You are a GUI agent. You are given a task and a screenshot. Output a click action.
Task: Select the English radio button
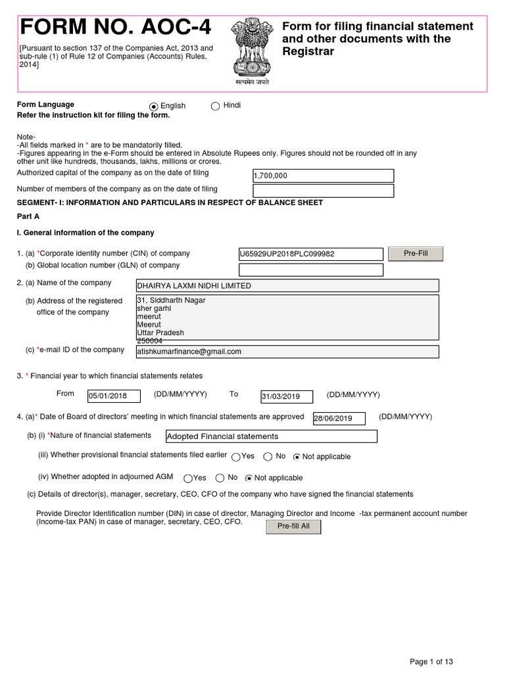coord(154,106)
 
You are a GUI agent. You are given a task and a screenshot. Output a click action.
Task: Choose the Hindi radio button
coord(215,106)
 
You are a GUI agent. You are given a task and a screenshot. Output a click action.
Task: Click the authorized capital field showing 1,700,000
coord(323,175)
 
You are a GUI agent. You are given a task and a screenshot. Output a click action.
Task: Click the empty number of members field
coord(323,191)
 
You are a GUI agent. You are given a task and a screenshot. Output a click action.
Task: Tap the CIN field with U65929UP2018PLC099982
coord(310,254)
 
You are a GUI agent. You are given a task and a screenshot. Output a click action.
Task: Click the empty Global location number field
coord(310,270)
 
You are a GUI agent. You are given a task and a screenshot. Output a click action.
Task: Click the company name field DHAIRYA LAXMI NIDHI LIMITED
coord(287,286)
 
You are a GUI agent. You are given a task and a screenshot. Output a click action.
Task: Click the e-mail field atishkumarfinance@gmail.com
coord(287,352)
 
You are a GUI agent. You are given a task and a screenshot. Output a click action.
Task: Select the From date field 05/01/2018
coord(114,396)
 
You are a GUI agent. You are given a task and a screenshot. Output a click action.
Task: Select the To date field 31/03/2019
coord(289,396)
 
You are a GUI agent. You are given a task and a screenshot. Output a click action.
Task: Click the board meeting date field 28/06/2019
coord(341,418)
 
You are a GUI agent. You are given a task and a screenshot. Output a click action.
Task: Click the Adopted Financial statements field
coord(272,436)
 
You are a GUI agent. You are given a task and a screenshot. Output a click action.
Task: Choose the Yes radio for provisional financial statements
coord(235,457)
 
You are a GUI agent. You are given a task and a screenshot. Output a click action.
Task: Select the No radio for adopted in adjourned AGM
coord(219,478)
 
